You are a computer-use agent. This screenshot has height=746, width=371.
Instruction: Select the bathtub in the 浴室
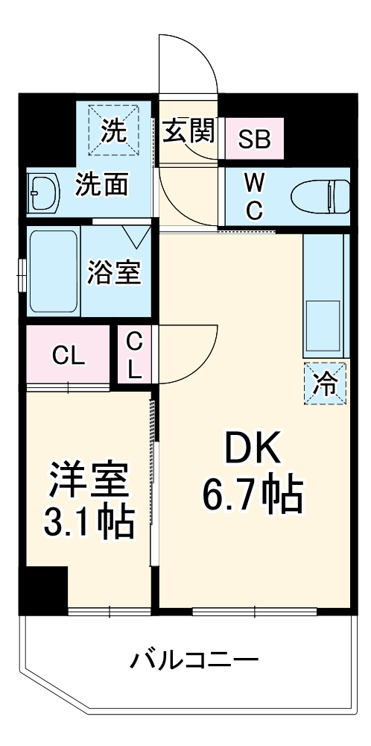pos(54,272)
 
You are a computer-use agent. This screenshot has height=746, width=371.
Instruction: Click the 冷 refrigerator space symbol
pos(326,383)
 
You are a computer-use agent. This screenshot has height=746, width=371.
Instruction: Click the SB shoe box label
pos(254,140)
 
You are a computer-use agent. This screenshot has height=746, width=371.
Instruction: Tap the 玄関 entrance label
pos(189,132)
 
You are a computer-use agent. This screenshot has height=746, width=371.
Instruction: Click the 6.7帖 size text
pos(252,494)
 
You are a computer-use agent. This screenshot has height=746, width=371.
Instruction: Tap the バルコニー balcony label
pos(195,659)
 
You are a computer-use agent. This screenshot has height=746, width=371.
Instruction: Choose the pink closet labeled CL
pos(68,356)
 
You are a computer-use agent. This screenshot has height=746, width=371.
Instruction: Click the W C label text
pos(254,195)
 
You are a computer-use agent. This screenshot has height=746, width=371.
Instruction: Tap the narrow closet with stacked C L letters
pos(133,355)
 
